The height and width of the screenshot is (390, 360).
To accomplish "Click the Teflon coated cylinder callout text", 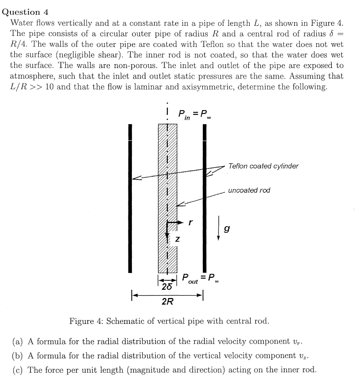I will [x=263, y=166].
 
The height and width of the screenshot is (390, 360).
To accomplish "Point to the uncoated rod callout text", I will [x=249, y=190].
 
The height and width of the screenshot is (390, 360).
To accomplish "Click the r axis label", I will [x=190, y=222].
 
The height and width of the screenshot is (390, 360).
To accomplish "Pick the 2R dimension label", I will [x=168, y=302].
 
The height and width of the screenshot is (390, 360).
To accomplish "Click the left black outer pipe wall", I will [x=129, y=198].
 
